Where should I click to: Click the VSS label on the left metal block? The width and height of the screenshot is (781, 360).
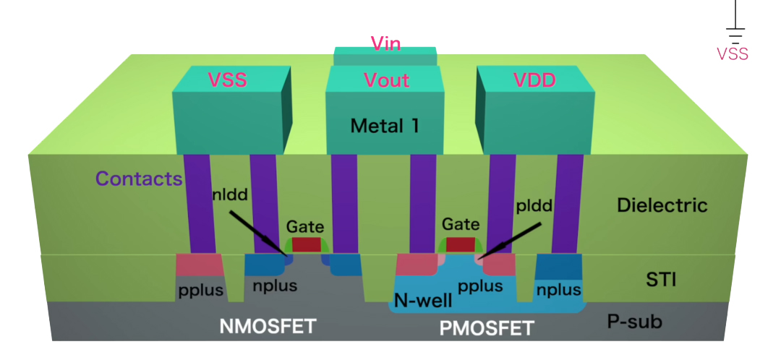tap(227, 80)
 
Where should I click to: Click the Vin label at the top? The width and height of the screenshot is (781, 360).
tap(385, 43)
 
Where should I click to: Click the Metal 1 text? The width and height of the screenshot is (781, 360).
tap(385, 127)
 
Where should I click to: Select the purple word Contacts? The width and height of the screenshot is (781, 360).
tap(139, 179)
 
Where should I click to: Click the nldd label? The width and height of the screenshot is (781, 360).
tap(231, 195)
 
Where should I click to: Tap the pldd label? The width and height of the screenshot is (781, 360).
tap(535, 205)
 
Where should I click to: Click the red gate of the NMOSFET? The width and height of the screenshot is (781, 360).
tap(306, 244)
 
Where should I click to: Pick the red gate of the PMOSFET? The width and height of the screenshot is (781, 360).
tap(460, 244)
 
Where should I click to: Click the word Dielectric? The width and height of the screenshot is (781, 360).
tap(662, 205)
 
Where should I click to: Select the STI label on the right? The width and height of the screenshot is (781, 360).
tap(661, 279)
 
